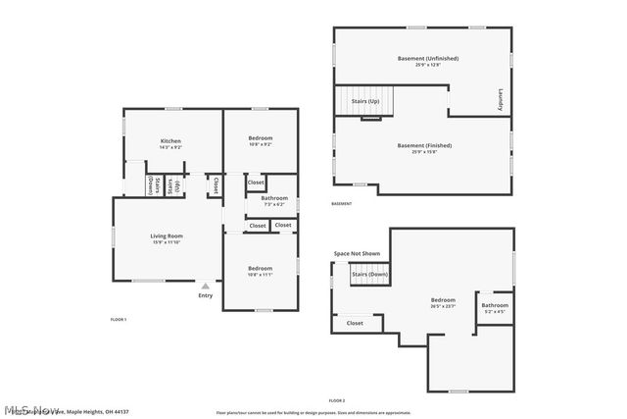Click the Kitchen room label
170,141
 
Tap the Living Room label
167,236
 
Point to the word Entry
205,295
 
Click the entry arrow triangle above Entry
205,286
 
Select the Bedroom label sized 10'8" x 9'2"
260,138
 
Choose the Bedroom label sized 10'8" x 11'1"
260,268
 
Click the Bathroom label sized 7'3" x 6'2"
273,198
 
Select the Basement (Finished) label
423,145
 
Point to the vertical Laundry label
500,100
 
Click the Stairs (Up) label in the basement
365,100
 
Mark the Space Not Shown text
356,254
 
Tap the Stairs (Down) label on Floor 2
370,274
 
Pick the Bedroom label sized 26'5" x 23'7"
443,299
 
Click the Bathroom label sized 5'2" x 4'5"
495,305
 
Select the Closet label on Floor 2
355,323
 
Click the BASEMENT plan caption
341,204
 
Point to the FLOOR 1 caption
118,320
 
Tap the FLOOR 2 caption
336,401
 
